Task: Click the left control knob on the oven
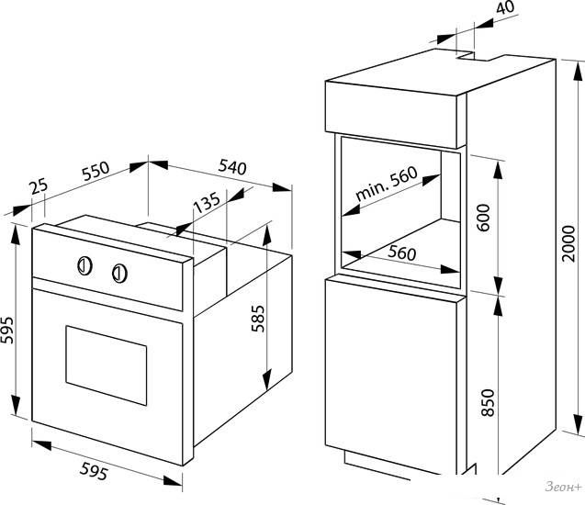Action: point(84,266)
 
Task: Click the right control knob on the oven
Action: point(119,274)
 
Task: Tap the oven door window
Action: point(107,365)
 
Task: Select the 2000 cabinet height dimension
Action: point(568,243)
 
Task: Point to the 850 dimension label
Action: point(488,403)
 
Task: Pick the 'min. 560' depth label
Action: point(387,183)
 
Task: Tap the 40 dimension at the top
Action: point(505,7)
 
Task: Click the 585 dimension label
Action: point(258,319)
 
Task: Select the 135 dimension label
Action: point(207,202)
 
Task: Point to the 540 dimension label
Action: point(232,167)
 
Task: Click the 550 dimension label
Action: point(96,171)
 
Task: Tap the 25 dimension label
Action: point(39,186)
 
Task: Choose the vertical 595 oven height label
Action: point(6,330)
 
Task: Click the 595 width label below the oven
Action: point(94,471)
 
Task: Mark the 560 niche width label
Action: point(401,252)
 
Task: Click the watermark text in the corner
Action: point(563,487)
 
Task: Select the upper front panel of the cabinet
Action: point(391,115)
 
